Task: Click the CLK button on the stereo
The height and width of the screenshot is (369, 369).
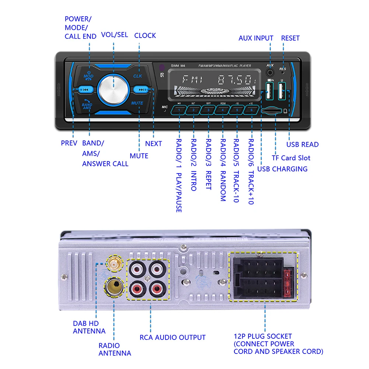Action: click(x=137, y=76)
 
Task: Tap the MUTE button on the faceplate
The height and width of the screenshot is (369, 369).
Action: click(x=137, y=103)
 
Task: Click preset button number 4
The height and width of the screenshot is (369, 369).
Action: click(x=223, y=110)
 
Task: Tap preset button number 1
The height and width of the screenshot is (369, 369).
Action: click(x=179, y=110)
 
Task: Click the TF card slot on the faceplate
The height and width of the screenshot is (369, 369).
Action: click(x=270, y=111)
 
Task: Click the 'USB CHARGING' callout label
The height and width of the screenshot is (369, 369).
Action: click(x=282, y=169)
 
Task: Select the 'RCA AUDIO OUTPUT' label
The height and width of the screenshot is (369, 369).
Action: click(x=173, y=337)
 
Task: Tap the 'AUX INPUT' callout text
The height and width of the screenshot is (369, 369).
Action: click(x=256, y=38)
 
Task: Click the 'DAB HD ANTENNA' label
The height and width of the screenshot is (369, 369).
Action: click(x=89, y=327)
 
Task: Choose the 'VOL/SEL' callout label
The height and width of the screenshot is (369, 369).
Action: click(x=115, y=35)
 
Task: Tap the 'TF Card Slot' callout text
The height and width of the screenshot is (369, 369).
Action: click(x=291, y=158)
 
